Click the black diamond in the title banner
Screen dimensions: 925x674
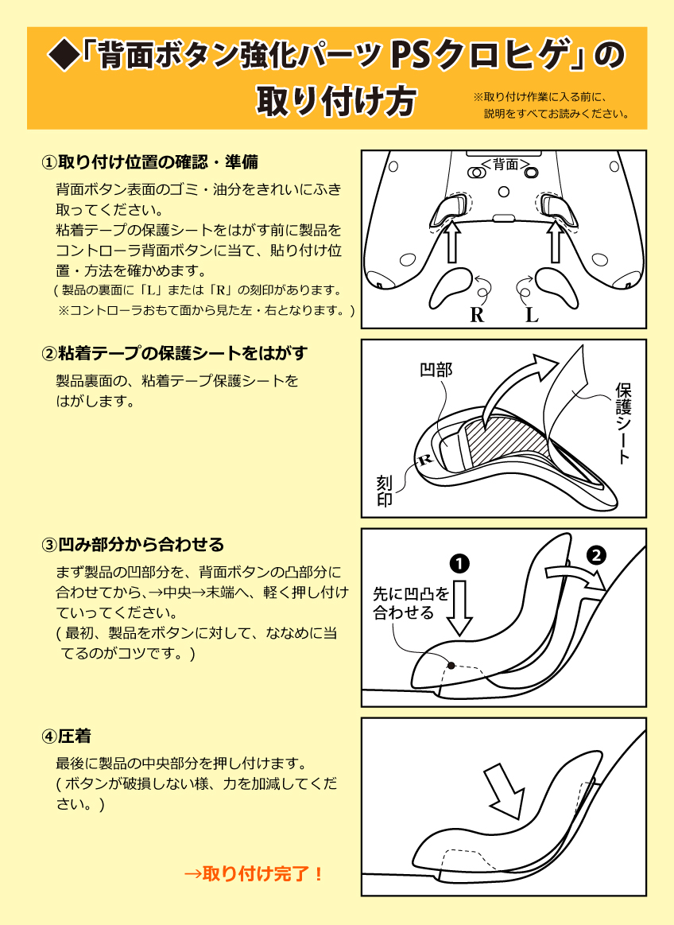[x=63, y=56]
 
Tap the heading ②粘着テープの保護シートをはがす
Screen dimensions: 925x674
[x=174, y=352]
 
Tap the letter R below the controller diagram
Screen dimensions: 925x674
[x=477, y=315]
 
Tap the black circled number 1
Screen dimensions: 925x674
[x=459, y=563]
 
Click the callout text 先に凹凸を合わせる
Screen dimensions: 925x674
[x=410, y=603]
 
